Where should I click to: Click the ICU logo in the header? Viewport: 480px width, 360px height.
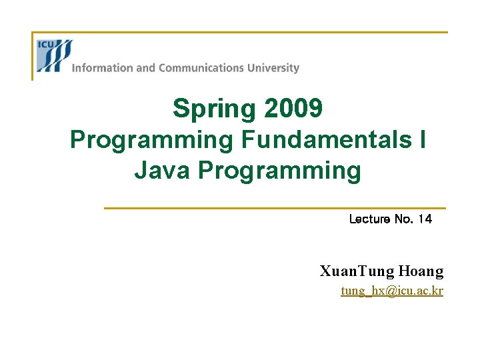54,55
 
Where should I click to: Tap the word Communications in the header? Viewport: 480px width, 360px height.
201,68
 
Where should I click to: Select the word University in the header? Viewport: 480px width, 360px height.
274,68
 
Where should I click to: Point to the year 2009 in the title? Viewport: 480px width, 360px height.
294,109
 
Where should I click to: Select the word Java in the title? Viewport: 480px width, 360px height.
163,171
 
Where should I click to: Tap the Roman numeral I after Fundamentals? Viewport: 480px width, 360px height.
423,140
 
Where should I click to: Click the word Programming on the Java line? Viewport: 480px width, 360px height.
279,171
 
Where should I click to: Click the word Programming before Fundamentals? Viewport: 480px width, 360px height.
151,140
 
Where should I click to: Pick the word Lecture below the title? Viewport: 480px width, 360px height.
370,219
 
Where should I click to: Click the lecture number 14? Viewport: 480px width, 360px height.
425,219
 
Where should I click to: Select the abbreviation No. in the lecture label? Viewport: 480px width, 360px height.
403,219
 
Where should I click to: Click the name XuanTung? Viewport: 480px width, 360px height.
357,271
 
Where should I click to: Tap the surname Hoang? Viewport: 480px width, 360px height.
421,271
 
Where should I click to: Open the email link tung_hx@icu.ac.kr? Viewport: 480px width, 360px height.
391,291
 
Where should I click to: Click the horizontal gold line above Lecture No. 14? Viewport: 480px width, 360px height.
274,208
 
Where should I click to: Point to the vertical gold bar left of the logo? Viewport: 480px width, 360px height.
33,56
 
